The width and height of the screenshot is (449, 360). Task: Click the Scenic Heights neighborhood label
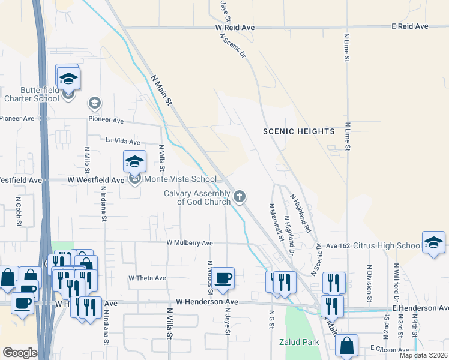coord(298,131)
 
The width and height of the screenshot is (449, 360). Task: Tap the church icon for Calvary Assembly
coord(240,196)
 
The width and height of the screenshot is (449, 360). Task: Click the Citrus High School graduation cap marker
coord(433,242)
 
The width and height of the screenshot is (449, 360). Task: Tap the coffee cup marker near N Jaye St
coord(223,278)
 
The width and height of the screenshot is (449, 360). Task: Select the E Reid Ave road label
coord(410,26)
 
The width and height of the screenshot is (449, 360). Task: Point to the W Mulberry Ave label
coord(190,243)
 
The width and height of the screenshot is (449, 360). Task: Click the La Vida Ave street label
coord(123,142)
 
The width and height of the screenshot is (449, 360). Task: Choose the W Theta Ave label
coord(147,278)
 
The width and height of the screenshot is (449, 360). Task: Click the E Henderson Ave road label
coord(420,308)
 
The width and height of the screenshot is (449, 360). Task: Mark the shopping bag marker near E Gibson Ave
coord(346,346)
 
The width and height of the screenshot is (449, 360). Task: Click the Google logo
coord(20,352)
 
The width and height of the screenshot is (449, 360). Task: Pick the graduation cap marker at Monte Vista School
coord(135,161)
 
